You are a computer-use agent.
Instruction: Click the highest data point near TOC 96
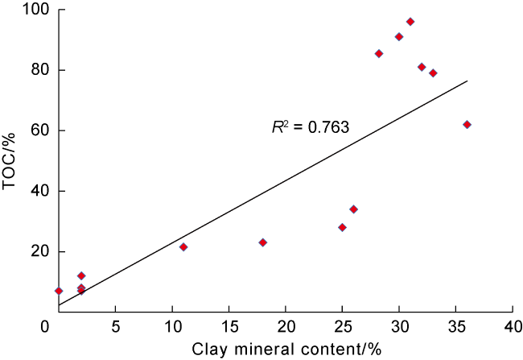click(x=410, y=22)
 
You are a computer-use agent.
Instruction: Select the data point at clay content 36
click(x=467, y=124)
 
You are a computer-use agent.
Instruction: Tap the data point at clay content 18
click(x=262, y=242)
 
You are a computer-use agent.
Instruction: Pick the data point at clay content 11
click(x=183, y=246)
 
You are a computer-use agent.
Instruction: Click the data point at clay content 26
click(x=353, y=209)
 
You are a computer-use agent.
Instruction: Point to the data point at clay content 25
click(x=342, y=227)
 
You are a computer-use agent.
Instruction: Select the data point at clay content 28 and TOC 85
click(x=379, y=54)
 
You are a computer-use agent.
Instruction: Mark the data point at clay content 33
click(x=433, y=72)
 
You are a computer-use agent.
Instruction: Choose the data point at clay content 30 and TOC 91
click(x=399, y=36)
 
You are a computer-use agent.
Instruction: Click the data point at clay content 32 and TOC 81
click(x=422, y=67)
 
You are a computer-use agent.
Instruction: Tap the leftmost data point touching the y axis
click(x=59, y=291)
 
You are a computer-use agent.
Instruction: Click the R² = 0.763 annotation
click(x=309, y=126)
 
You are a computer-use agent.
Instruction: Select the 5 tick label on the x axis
click(x=116, y=328)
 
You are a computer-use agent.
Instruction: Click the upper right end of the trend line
click(x=467, y=81)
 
